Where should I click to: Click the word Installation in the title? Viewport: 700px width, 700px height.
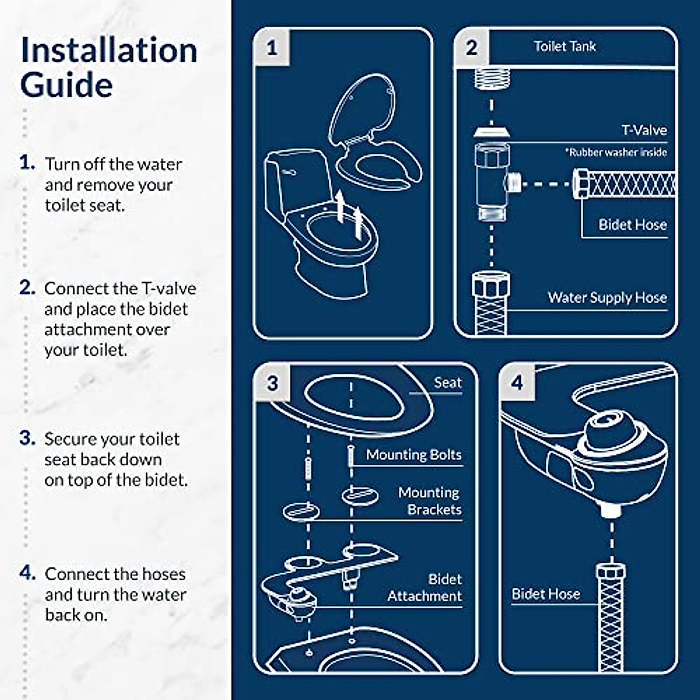click(x=108, y=50)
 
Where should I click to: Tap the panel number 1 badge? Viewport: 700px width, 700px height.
click(x=272, y=48)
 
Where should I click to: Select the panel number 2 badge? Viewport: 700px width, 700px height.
click(x=471, y=47)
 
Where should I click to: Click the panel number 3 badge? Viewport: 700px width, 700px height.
click(x=272, y=383)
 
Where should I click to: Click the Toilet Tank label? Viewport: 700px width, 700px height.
click(x=565, y=47)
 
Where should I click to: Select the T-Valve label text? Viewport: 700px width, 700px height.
click(x=643, y=130)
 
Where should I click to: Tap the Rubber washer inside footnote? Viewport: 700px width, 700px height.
click(x=615, y=152)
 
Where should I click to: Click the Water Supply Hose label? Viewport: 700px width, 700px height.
click(x=607, y=297)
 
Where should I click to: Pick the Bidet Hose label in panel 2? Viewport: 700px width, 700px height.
click(x=632, y=225)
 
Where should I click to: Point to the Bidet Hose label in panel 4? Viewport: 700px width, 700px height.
click(x=545, y=594)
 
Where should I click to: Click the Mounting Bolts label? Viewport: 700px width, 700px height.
click(x=414, y=454)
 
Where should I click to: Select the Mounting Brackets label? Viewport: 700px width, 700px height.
click(x=430, y=501)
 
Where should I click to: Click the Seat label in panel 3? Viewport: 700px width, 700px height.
click(x=447, y=383)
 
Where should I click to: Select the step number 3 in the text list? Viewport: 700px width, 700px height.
click(x=27, y=438)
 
